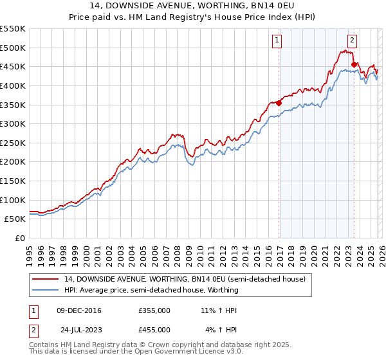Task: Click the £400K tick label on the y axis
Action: [x=13, y=85]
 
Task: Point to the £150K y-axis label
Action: [x=13, y=181]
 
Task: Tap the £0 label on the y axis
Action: [x=20, y=238]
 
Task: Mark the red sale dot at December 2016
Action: [x=279, y=103]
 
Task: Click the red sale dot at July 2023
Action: [x=354, y=64]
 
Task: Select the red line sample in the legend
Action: [x=46, y=279]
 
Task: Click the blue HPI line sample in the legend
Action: [x=46, y=290]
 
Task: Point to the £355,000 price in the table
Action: [x=154, y=310]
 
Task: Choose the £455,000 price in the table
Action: [x=154, y=329]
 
